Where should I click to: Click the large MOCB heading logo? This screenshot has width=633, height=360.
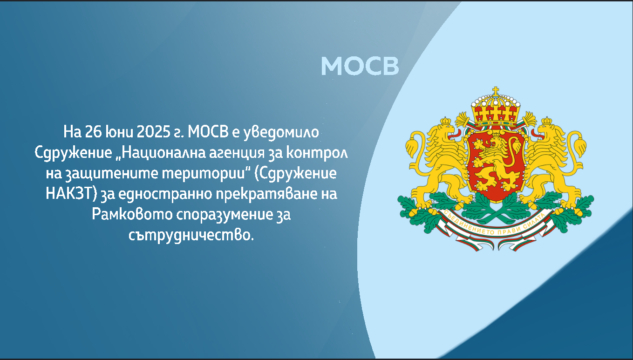click(360, 66)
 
